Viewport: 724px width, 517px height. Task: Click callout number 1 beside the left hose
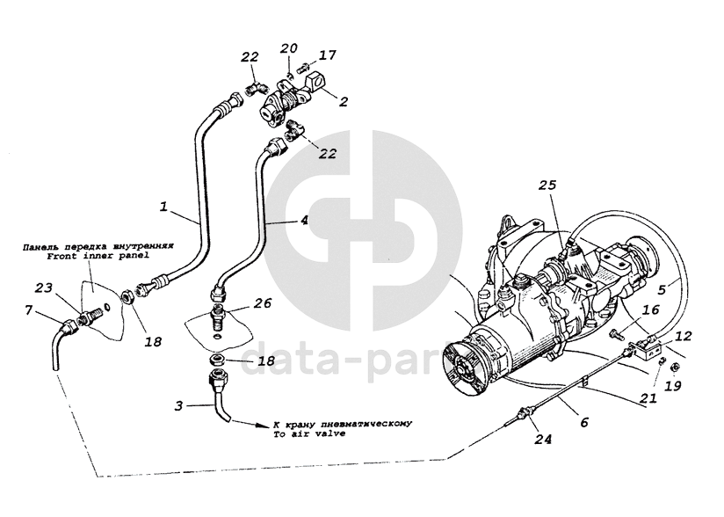point(163,208)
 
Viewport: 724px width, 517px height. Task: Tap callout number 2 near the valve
point(344,101)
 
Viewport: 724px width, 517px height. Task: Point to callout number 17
point(327,55)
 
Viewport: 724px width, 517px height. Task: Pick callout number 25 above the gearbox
point(547,187)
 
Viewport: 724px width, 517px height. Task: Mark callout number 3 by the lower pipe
point(178,405)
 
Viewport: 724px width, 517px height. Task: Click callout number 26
point(263,303)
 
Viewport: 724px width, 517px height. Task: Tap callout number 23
point(43,288)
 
